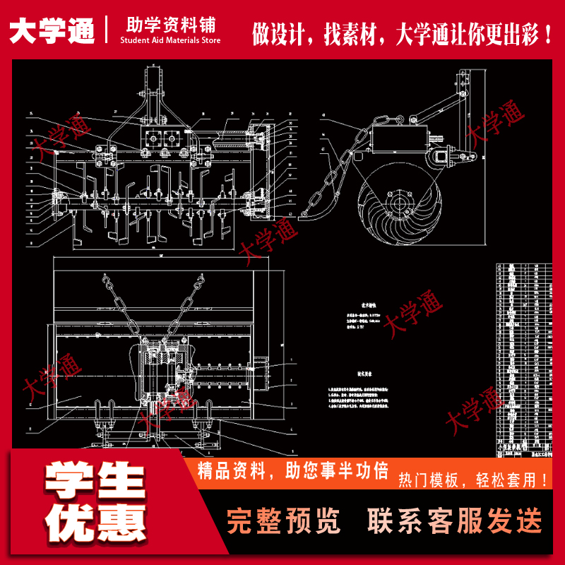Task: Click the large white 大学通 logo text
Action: click(x=52, y=30)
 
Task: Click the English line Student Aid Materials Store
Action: click(x=171, y=41)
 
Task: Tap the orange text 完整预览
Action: click(x=283, y=521)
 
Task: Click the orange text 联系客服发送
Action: click(x=455, y=521)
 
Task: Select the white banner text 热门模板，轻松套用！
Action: click(x=474, y=480)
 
